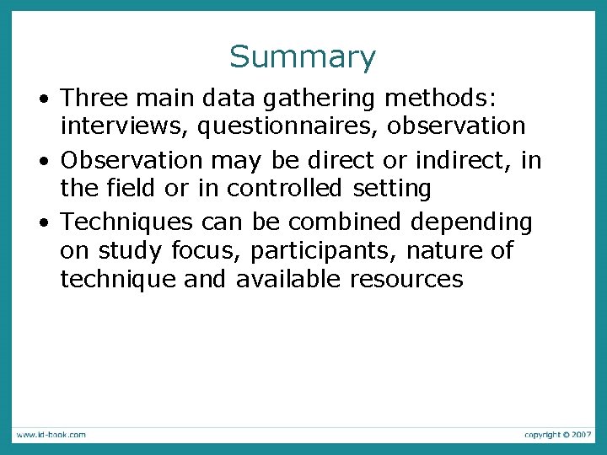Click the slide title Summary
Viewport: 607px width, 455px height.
point(303,57)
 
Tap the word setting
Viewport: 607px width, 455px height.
point(392,189)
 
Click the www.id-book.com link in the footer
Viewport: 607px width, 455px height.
point(50,435)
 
